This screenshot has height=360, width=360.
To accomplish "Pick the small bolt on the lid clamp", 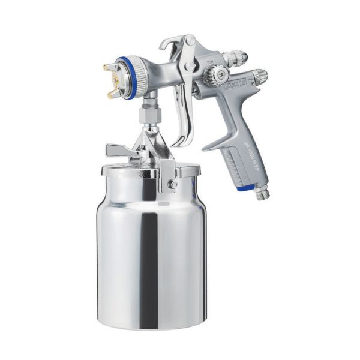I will click(x=173, y=184).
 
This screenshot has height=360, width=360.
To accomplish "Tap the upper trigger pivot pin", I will click(x=190, y=41).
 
